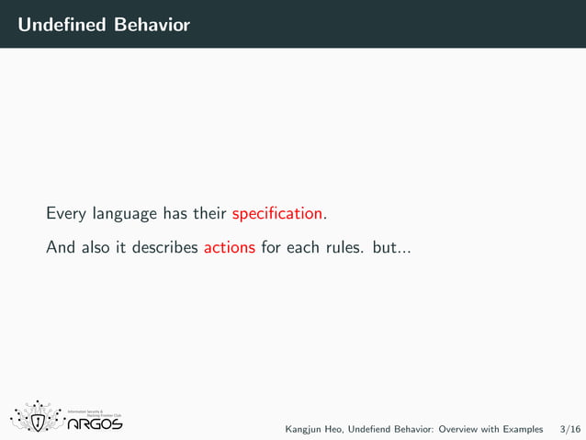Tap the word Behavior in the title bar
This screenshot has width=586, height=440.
point(152,25)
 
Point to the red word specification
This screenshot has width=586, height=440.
point(277,214)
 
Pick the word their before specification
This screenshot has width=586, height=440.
point(209,214)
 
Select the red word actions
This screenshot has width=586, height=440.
point(229,247)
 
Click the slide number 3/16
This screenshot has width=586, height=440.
point(569,429)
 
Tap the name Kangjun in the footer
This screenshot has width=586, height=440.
point(304,429)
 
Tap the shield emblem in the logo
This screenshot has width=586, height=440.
point(38,421)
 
